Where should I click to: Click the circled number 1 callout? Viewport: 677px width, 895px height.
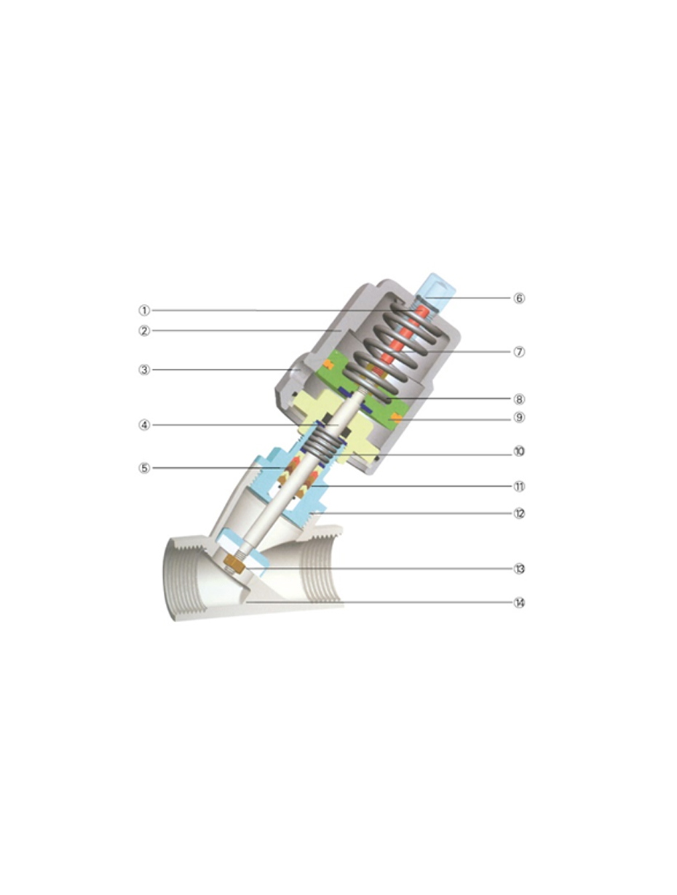[x=144, y=310]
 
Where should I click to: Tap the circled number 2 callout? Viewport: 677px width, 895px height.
[x=144, y=330]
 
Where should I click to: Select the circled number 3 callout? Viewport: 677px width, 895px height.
[x=144, y=370]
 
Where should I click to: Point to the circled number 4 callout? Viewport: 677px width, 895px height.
[x=144, y=425]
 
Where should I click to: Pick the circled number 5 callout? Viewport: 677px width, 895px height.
[x=144, y=468]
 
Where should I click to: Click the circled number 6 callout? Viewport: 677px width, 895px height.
[x=519, y=298]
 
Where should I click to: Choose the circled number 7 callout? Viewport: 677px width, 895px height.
[x=519, y=351]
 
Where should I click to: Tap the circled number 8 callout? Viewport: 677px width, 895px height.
[x=519, y=399]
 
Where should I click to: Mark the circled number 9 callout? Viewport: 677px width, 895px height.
[x=519, y=418]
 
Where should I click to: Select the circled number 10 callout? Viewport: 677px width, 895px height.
[x=519, y=451]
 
